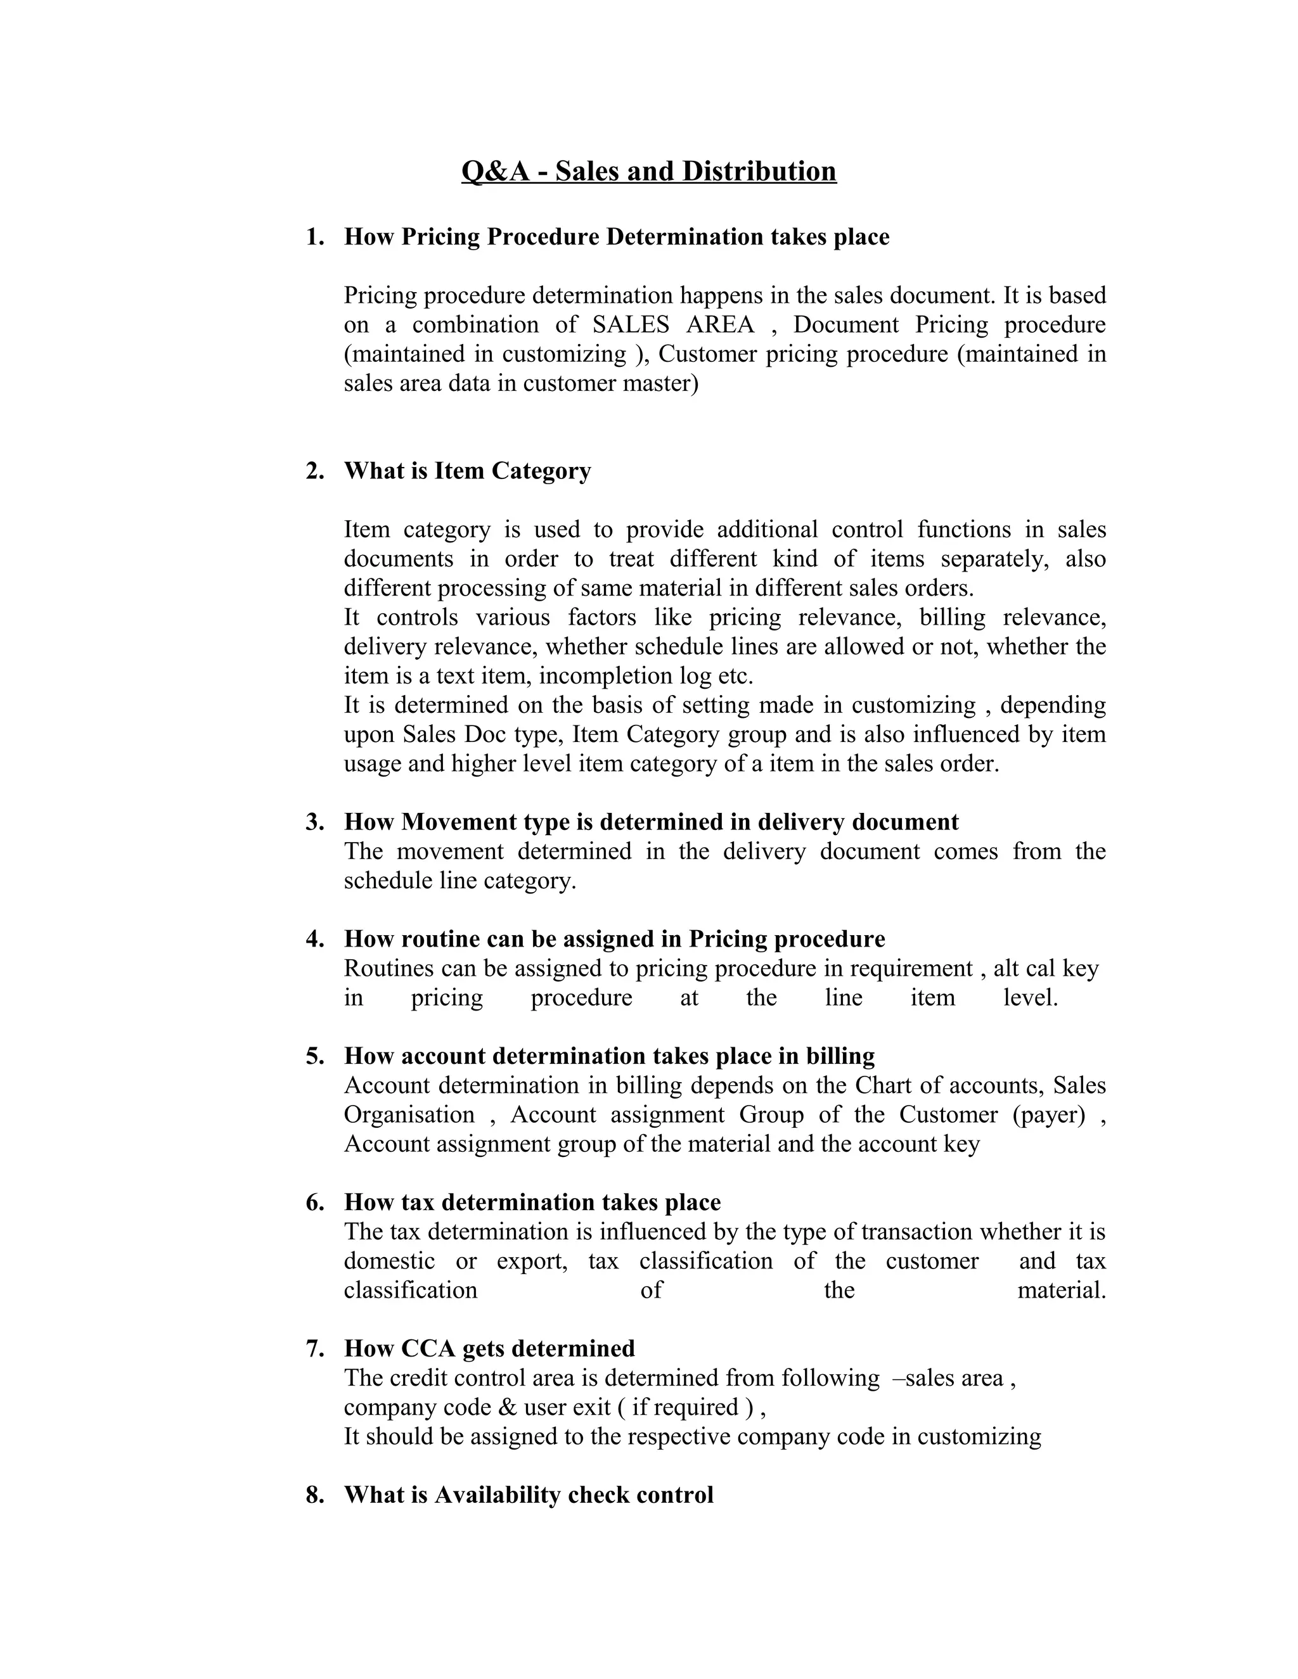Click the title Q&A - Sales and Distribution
pos(648,170)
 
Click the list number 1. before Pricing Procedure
pos(314,237)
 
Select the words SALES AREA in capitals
pos(673,324)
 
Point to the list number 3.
pos(314,822)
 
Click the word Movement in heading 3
pos(458,822)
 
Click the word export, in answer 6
pos(531,1261)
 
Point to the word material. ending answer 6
pos(1061,1290)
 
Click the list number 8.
pos(314,1495)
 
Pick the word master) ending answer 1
pos(660,383)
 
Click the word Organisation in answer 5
pos(409,1114)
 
